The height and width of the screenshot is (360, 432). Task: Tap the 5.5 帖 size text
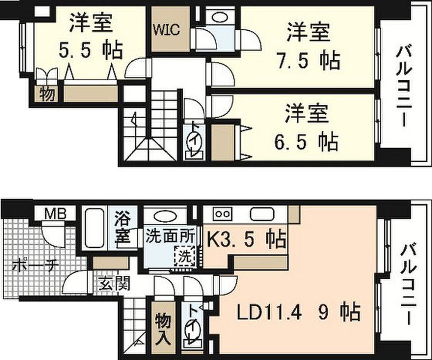91,50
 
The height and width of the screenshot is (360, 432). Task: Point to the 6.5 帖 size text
306,142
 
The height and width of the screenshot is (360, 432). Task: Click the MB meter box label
56,214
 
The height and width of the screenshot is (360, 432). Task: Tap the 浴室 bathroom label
122,228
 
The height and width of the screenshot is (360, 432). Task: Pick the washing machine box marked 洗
185,255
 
